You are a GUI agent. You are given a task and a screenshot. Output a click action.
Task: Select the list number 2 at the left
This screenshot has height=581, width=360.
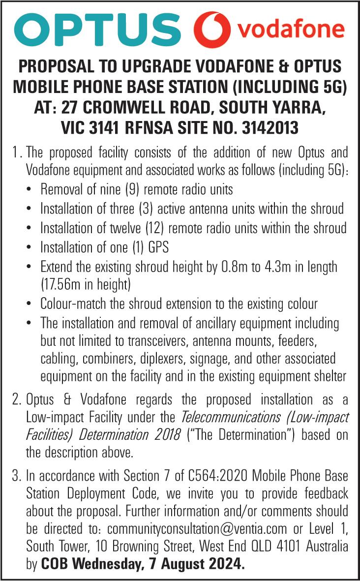click(17, 400)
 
